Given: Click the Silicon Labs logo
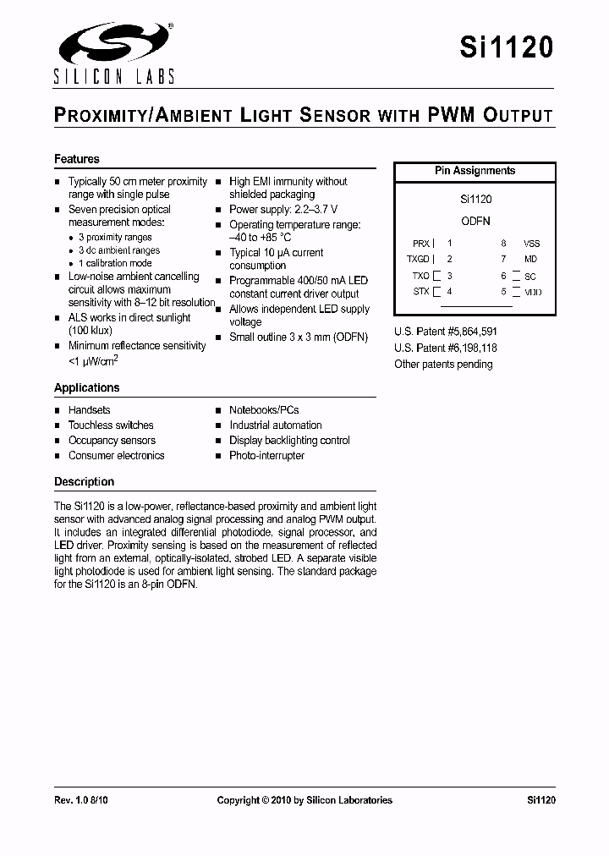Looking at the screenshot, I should (x=114, y=52).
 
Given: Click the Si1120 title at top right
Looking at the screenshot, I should (x=507, y=47).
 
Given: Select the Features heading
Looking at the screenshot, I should (x=77, y=159).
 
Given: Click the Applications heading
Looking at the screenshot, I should (x=87, y=387).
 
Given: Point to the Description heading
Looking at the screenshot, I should (x=84, y=481).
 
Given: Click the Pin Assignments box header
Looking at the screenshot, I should (x=475, y=171).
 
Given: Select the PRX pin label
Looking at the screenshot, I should (x=420, y=243).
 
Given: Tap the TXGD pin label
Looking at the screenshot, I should (x=419, y=260).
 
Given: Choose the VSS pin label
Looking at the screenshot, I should (x=531, y=243).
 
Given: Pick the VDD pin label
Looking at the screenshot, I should (x=532, y=292).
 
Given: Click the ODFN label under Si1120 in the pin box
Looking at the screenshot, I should (x=475, y=220).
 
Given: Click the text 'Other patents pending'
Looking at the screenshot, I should (x=443, y=365).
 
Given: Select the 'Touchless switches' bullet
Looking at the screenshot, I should (x=111, y=425).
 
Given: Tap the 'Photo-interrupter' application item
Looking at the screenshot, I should (x=266, y=456).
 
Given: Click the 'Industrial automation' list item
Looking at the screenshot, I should (x=275, y=425).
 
